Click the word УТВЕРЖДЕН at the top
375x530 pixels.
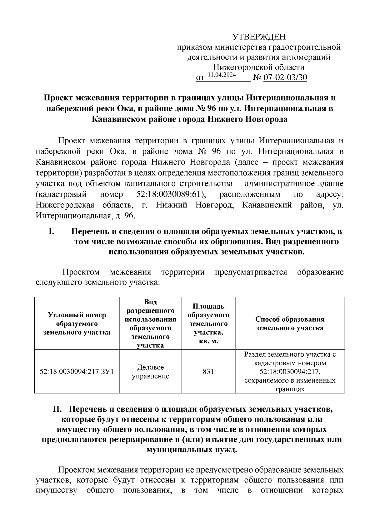tap(259, 37)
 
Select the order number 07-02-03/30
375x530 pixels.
tap(285, 77)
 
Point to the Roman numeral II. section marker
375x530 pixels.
tap(58, 409)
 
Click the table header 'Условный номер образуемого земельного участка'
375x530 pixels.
tap(77, 324)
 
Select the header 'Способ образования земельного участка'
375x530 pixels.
tap(290, 324)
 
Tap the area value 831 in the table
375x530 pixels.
tap(208, 372)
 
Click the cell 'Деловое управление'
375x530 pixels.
tap(150, 372)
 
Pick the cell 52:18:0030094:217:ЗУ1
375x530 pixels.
tap(77, 372)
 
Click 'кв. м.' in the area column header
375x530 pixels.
tap(208, 341)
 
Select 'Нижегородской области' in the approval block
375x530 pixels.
tap(258, 67)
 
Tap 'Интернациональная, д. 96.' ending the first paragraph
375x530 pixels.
tap(85, 215)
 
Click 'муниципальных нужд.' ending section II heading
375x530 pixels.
tap(192, 450)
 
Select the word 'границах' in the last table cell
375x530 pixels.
tap(290, 389)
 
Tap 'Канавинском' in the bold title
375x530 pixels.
tap(119, 119)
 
